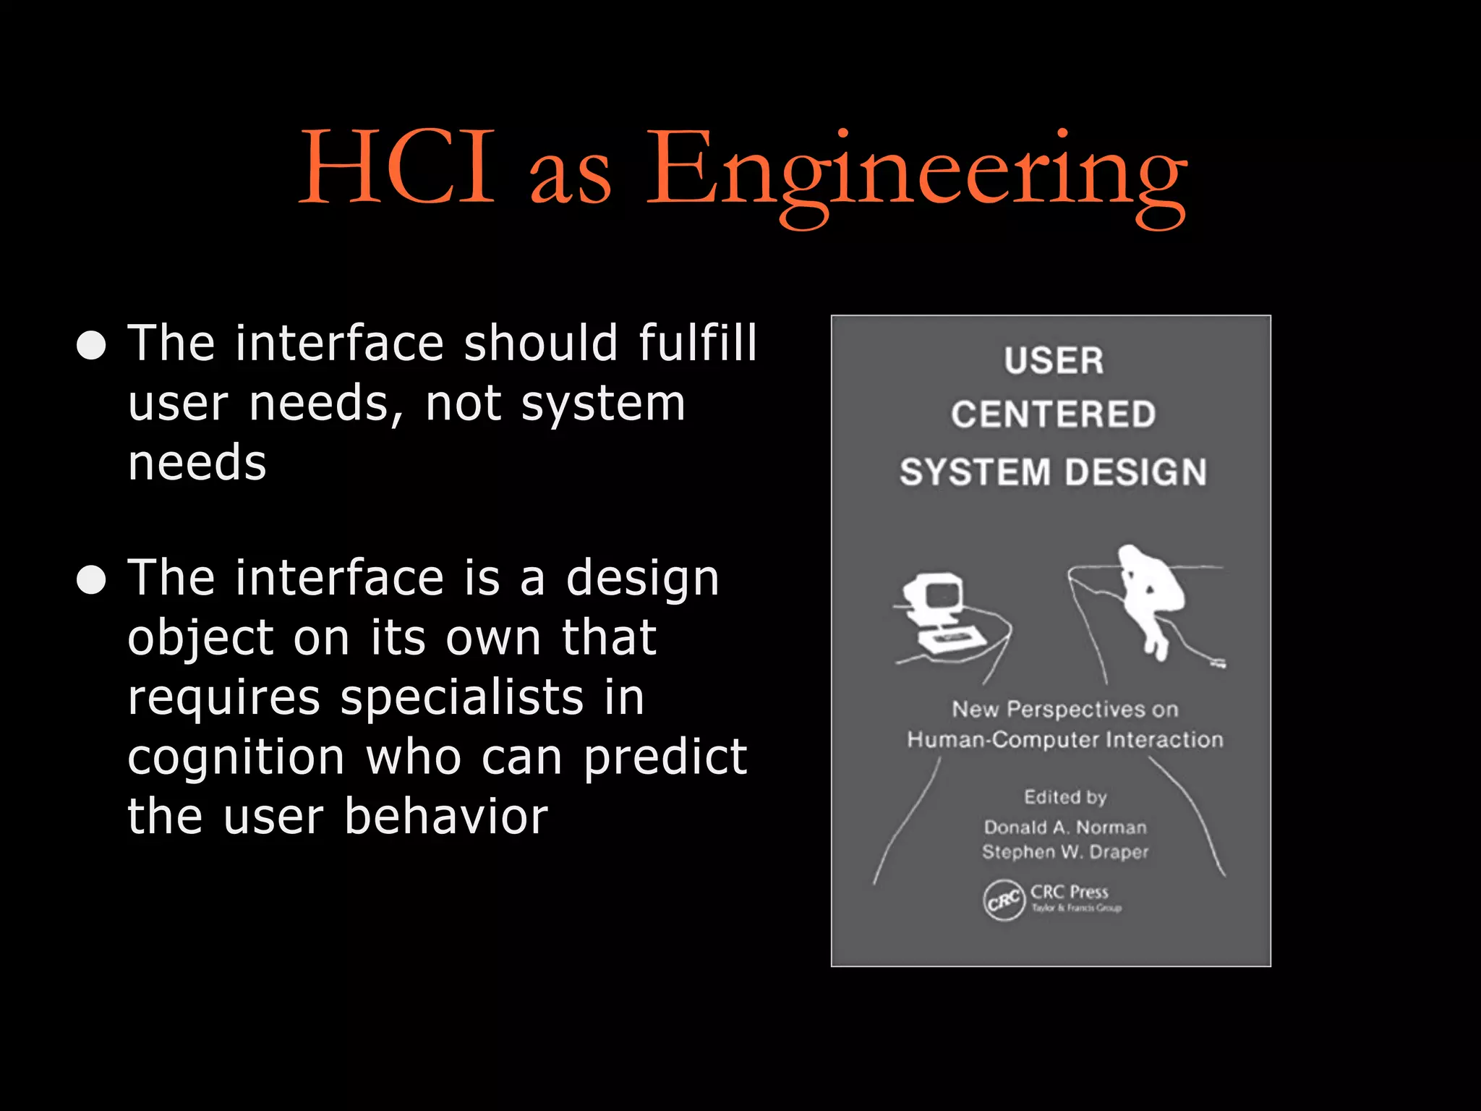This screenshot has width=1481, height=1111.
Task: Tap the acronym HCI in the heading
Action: pos(397,168)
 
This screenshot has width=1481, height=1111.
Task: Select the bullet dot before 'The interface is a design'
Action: pos(92,579)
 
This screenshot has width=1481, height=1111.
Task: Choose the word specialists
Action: pos(462,698)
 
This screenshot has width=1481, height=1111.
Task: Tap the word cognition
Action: pos(236,757)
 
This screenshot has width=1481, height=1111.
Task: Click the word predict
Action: pos(665,757)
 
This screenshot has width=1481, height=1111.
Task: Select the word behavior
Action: pos(445,817)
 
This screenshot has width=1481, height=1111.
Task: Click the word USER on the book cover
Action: pos(1054,361)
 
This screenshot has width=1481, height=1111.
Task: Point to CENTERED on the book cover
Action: pos(1053,415)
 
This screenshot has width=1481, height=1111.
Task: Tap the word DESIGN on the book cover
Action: pos(1135,472)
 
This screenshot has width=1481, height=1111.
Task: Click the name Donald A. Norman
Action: pos(1064,827)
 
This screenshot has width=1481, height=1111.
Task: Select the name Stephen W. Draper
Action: pos(1064,852)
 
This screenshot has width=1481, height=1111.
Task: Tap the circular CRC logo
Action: pos(1004,901)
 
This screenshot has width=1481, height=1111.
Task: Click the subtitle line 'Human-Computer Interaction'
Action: pos(1064,740)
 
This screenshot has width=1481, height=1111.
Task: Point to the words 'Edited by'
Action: pos(1064,797)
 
